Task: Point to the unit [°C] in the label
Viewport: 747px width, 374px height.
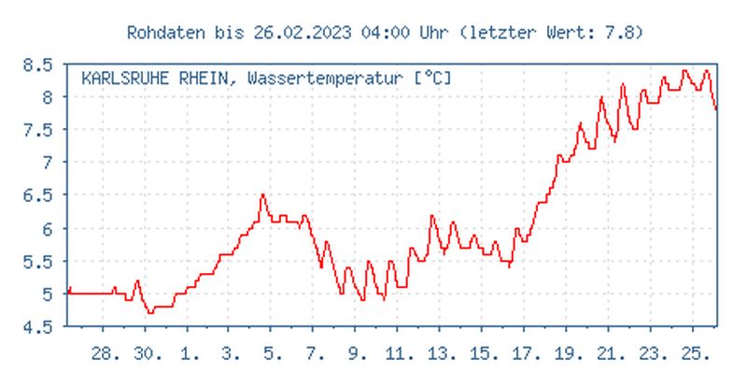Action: tap(432, 79)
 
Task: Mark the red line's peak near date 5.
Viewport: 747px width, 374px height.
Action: tap(263, 194)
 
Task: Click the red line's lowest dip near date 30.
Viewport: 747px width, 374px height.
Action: tap(150, 312)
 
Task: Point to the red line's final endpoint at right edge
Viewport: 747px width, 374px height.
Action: tap(716, 109)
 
